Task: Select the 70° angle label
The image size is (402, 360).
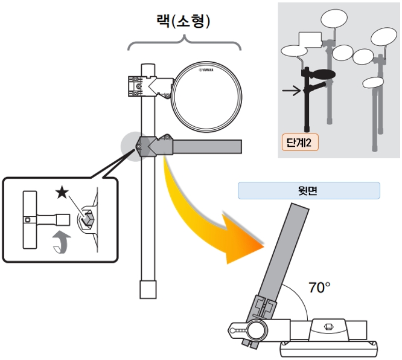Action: (x=319, y=288)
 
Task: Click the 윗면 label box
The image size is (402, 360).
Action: (x=308, y=191)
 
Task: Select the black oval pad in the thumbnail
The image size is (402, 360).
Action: (x=322, y=74)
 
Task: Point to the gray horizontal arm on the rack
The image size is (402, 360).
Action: (x=205, y=146)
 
